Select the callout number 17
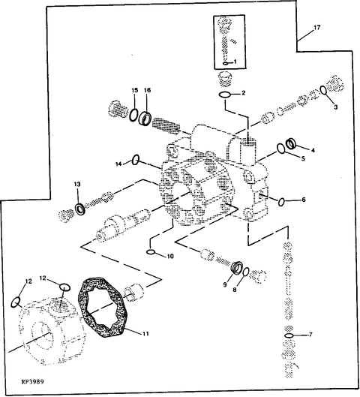317,27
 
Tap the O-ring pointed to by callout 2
225,95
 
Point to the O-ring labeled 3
323,90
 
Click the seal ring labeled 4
291,143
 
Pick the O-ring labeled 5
280,149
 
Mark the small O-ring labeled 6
281,202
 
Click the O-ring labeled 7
289,335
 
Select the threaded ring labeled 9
237,267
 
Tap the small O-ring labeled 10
151,252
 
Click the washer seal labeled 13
81,209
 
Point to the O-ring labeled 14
136,160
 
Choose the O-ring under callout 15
133,115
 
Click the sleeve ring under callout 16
145,118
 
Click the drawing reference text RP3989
33,381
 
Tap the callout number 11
145,334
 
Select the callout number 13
77,185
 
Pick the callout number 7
310,335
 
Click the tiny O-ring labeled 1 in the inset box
226,63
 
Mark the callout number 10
170,256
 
